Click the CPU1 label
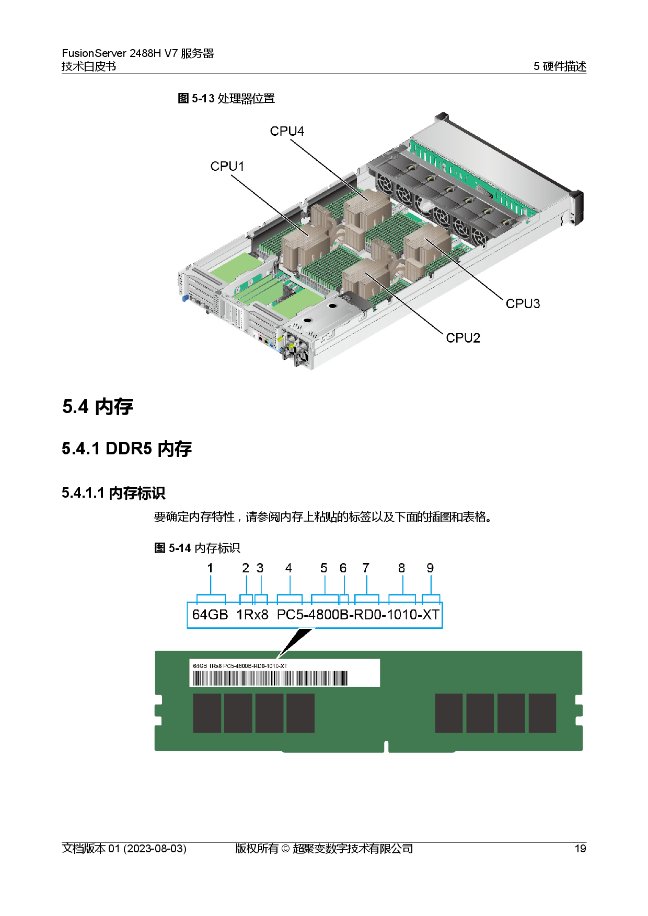click(x=227, y=166)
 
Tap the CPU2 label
click(x=462, y=338)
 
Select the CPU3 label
click(x=523, y=303)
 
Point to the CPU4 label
click(x=287, y=131)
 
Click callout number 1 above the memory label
click(x=210, y=568)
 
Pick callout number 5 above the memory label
click(x=324, y=568)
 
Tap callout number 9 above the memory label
click(x=430, y=568)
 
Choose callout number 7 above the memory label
click(x=366, y=568)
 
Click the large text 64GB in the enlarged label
click(x=210, y=615)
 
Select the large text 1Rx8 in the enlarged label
click(x=252, y=615)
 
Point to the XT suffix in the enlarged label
click(x=431, y=615)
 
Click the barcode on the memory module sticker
click(x=270, y=678)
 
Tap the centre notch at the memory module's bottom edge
click(x=386, y=746)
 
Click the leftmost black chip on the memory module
click(x=207, y=713)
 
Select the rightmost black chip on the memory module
click(x=542, y=713)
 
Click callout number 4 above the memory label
click(x=288, y=568)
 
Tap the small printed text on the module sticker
click(x=240, y=666)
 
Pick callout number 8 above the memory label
click(x=401, y=568)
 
